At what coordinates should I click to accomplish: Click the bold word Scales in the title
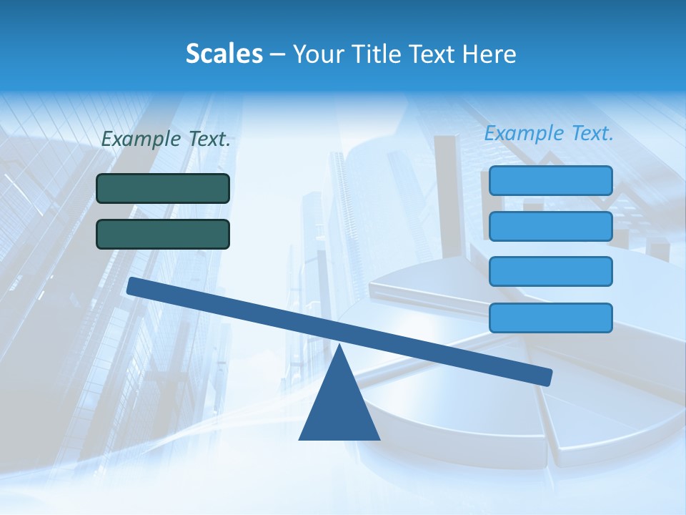pos(224,54)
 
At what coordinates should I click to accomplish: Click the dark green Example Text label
pos(166,139)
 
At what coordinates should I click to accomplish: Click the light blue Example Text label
pos(549,133)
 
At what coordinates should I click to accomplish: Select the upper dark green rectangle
pos(163,188)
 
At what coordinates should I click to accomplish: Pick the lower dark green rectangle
pos(163,234)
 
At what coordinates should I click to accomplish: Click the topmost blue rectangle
pos(550,180)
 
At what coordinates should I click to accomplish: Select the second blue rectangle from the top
pos(550,226)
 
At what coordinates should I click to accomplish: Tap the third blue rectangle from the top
pos(550,272)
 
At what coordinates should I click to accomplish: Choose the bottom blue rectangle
pos(550,318)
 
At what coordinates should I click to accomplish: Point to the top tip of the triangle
pos(339,346)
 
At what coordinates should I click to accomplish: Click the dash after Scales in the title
pos(277,54)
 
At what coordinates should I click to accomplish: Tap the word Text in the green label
pos(209,139)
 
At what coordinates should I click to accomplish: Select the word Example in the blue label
pos(524,133)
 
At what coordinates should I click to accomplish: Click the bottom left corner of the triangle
pos(300,438)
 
